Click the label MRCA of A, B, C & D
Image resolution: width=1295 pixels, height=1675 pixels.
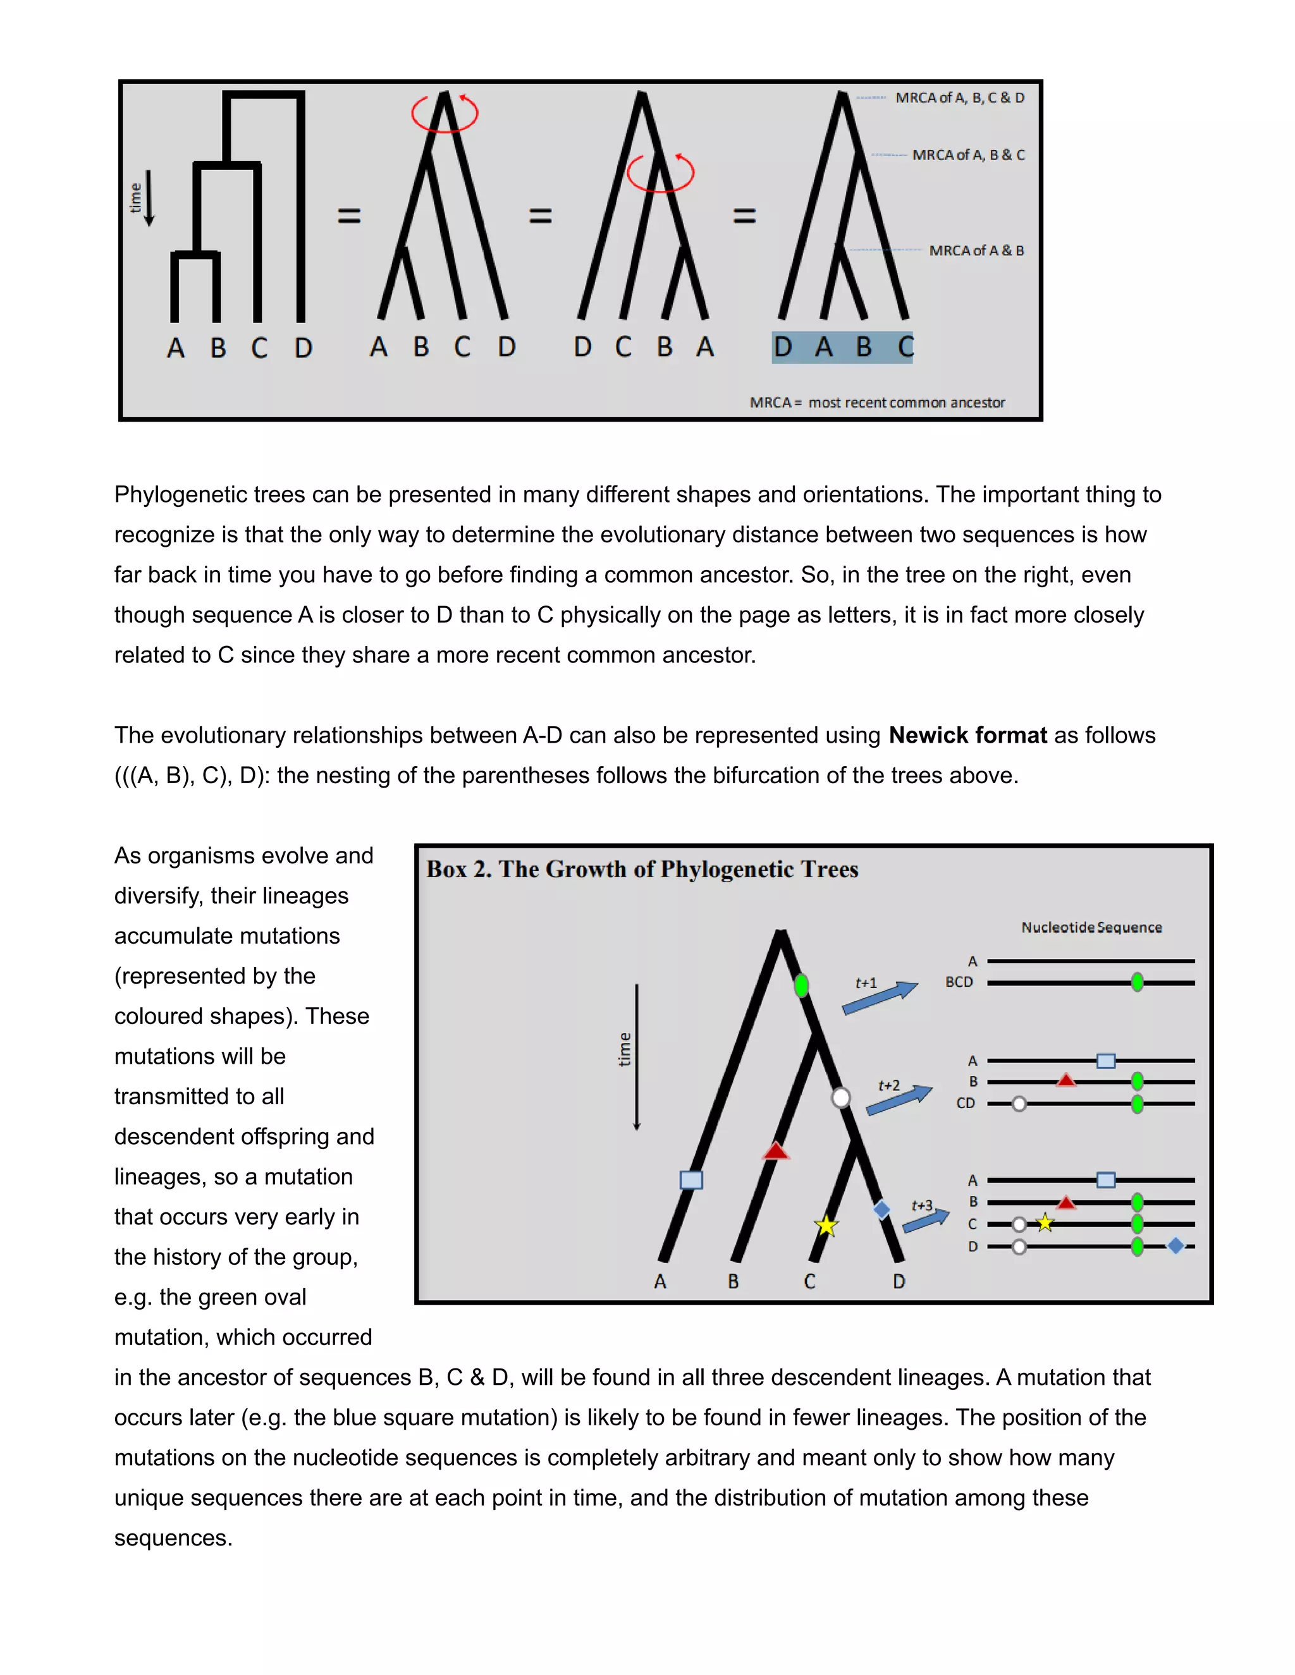[959, 97]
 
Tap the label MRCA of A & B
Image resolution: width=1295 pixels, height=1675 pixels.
[976, 251]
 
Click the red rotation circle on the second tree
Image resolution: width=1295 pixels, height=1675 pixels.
[444, 114]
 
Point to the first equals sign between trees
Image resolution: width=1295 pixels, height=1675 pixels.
[349, 216]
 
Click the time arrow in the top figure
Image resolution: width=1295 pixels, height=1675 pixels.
[150, 198]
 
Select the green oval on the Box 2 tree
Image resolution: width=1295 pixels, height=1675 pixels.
[801, 985]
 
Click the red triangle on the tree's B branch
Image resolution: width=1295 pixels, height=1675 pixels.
[776, 1150]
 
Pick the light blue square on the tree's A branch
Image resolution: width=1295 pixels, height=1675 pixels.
[691, 1179]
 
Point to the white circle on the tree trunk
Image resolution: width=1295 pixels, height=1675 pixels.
[841, 1097]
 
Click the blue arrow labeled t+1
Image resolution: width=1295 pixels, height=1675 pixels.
[880, 999]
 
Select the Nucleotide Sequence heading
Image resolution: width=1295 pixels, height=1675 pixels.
[1091, 927]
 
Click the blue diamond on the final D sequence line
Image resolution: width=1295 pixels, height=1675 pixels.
[1175, 1246]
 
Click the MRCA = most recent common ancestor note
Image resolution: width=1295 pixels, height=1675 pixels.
[877, 403]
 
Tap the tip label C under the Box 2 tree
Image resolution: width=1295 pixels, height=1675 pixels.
[809, 1282]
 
